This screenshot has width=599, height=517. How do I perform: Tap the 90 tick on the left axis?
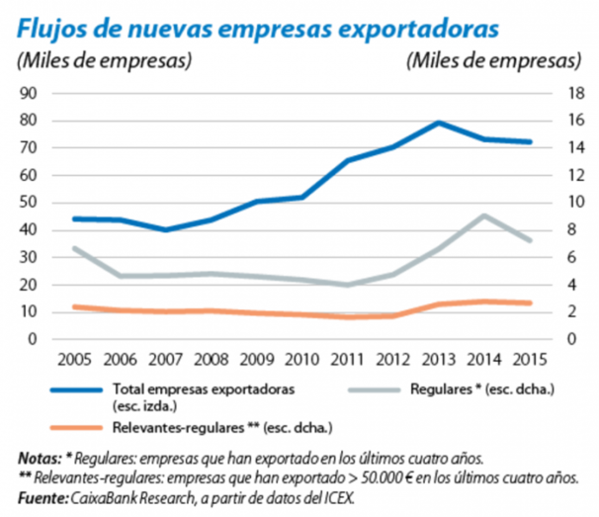coord(29,93)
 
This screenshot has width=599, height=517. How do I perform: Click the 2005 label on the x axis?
coord(76,359)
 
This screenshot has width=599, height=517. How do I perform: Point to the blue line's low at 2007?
coord(166,229)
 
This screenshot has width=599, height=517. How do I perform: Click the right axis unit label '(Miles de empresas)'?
coord(492,59)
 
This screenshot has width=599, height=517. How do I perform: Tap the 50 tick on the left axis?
coord(29,203)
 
